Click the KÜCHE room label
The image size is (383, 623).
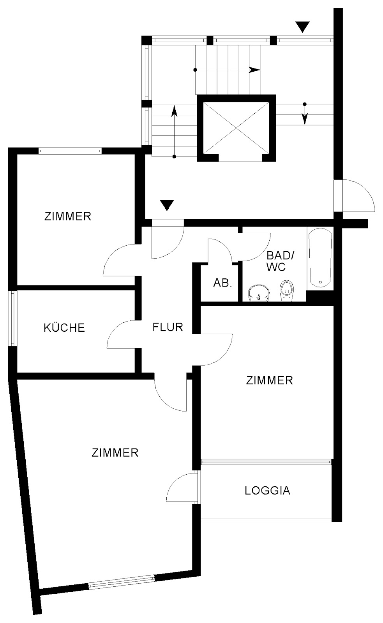pyautogui.click(x=64, y=327)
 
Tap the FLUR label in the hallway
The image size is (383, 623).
pyautogui.click(x=168, y=327)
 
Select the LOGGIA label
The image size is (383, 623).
pyautogui.click(x=268, y=491)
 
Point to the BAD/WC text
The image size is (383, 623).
pyautogui.click(x=280, y=261)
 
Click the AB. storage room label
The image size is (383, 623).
pyautogui.click(x=223, y=283)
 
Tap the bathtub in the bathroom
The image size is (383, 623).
pyautogui.click(x=320, y=258)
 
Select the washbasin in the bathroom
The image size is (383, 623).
pyautogui.click(x=259, y=293)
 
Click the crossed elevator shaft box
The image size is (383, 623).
pyautogui.click(x=237, y=128)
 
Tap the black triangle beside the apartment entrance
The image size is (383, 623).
pyautogui.click(x=167, y=205)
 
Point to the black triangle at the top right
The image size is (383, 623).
pyautogui.click(x=303, y=27)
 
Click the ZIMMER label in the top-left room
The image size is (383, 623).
pyautogui.click(x=68, y=216)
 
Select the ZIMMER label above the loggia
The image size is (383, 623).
pyautogui.click(x=270, y=380)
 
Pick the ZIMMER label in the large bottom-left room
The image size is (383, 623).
pyautogui.click(x=115, y=453)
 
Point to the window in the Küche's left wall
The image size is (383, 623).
pyautogui.click(x=13, y=319)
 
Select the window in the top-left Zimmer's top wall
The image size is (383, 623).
pyautogui.click(x=70, y=151)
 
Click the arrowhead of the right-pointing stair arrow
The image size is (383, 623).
pyautogui.click(x=255, y=70)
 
